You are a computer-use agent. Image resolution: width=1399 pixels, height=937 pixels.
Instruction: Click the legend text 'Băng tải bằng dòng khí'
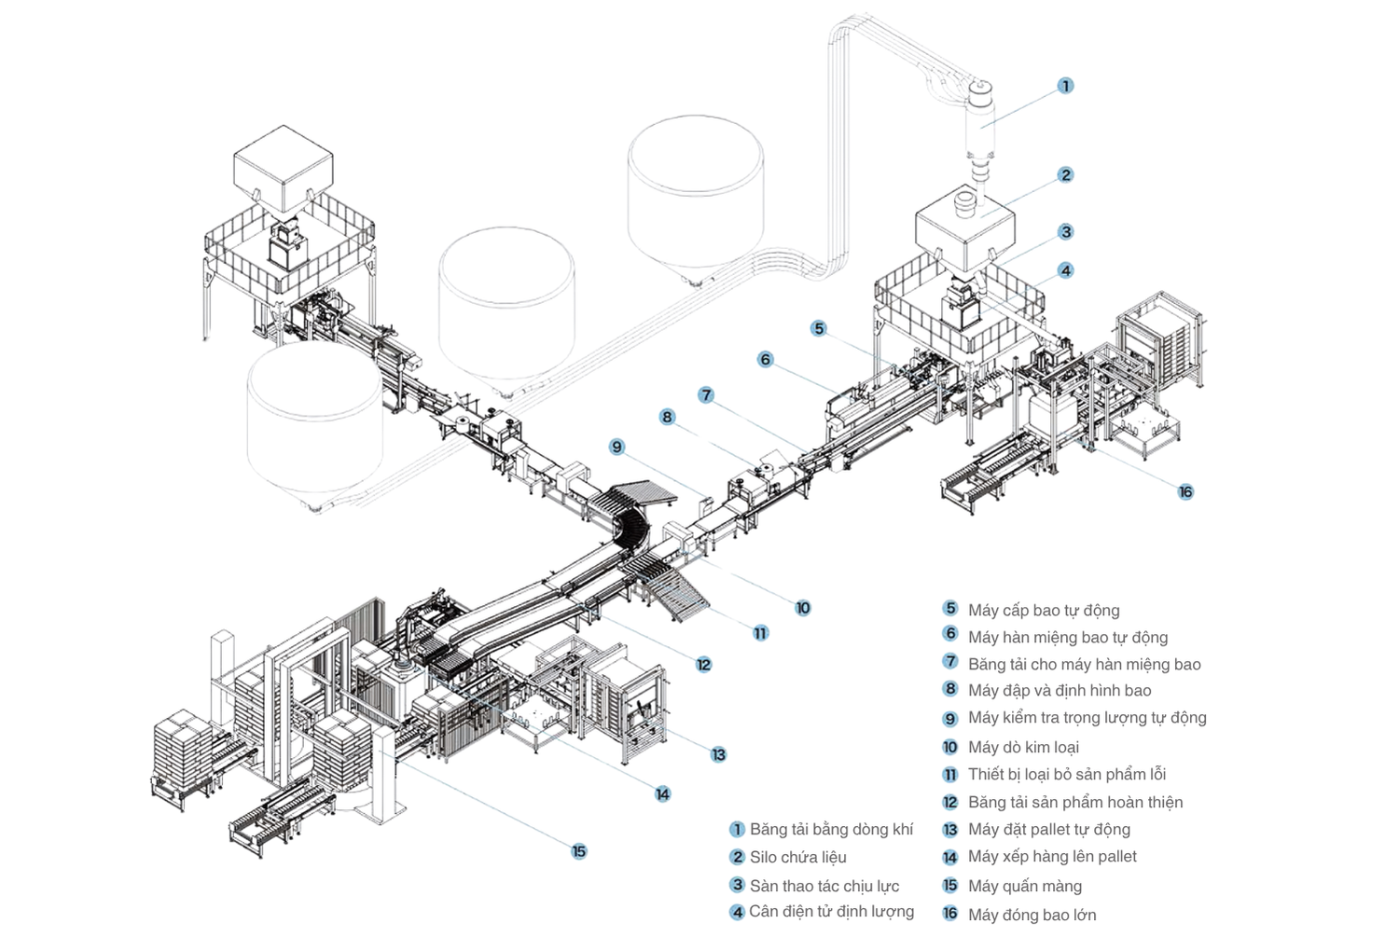click(831, 829)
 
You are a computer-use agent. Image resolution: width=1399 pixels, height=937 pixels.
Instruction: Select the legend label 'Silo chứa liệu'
click(797, 857)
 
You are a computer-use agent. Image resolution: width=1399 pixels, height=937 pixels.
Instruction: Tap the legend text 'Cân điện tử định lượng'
click(831, 911)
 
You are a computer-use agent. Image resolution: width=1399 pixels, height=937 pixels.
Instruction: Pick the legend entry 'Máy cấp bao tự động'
click(1043, 610)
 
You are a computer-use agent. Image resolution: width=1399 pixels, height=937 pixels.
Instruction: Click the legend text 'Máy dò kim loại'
click(1023, 747)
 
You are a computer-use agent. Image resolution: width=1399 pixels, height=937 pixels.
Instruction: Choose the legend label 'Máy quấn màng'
click(1024, 886)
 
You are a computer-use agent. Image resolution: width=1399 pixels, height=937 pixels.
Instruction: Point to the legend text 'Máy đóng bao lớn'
click(1032, 915)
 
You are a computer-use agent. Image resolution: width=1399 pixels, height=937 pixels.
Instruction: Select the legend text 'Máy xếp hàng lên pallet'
click(1052, 856)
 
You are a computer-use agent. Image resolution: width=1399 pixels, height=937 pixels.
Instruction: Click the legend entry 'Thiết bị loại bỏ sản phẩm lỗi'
click(1066, 774)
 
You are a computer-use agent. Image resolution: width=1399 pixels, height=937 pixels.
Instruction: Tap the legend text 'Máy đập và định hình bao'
click(1059, 690)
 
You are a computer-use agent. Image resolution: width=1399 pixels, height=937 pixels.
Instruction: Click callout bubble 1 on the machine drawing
click(1065, 86)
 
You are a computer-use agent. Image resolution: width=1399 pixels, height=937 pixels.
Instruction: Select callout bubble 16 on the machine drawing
click(1185, 491)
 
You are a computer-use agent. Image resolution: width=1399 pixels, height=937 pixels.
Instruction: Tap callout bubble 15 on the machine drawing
click(579, 851)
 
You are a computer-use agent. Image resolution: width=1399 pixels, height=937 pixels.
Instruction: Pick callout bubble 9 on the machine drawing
click(616, 447)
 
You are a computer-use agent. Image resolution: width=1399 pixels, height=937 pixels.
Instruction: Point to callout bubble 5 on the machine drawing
click(818, 328)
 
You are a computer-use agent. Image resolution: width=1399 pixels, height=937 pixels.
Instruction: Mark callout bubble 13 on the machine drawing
click(718, 754)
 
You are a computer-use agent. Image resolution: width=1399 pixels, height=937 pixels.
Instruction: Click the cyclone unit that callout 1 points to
click(980, 121)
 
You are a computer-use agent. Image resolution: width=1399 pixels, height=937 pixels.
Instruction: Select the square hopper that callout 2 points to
click(963, 228)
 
